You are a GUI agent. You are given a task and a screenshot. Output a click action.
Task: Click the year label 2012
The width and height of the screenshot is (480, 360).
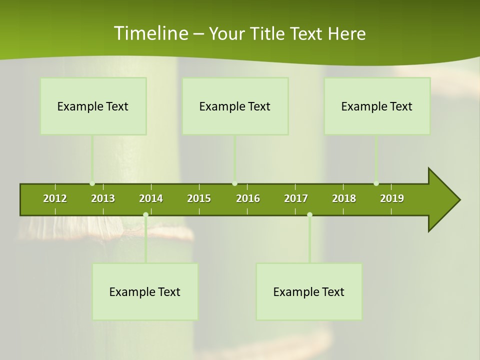tap(55, 198)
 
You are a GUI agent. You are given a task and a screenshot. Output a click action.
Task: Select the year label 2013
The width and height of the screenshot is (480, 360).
tap(103, 198)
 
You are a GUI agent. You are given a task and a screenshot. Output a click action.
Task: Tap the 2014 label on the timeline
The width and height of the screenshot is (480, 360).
tap(151, 198)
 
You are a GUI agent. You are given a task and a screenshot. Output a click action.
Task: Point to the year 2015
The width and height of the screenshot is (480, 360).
tap(199, 198)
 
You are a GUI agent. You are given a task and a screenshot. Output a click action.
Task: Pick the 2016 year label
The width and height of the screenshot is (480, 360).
tap(248, 198)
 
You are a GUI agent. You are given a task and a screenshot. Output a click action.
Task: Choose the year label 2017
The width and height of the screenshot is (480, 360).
tap(296, 198)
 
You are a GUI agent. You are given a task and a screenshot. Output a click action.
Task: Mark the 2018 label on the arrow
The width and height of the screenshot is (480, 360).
tap(344, 198)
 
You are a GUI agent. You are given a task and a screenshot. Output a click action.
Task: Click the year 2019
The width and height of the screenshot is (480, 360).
tap(392, 198)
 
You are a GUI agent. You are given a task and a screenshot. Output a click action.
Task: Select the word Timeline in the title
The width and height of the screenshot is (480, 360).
tap(150, 33)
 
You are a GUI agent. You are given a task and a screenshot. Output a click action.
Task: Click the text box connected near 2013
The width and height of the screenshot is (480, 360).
tap(93, 106)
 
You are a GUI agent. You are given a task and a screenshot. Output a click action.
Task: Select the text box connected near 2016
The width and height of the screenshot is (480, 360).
tap(235, 106)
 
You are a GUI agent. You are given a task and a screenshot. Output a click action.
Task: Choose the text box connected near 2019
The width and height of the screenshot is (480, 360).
tap(377, 106)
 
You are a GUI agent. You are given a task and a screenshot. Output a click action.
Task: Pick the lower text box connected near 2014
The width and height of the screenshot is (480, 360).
tap(145, 291)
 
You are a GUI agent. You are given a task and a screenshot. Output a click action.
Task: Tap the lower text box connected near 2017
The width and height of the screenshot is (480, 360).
tap(309, 291)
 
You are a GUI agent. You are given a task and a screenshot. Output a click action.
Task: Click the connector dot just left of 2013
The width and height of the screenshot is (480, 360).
tap(92, 183)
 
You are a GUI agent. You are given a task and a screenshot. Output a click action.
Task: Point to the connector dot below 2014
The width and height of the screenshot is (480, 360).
tap(145, 215)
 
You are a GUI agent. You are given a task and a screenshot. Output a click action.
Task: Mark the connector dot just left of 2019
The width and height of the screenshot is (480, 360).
tap(376, 183)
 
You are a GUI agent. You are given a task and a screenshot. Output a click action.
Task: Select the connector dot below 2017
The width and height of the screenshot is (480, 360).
tap(309, 215)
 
